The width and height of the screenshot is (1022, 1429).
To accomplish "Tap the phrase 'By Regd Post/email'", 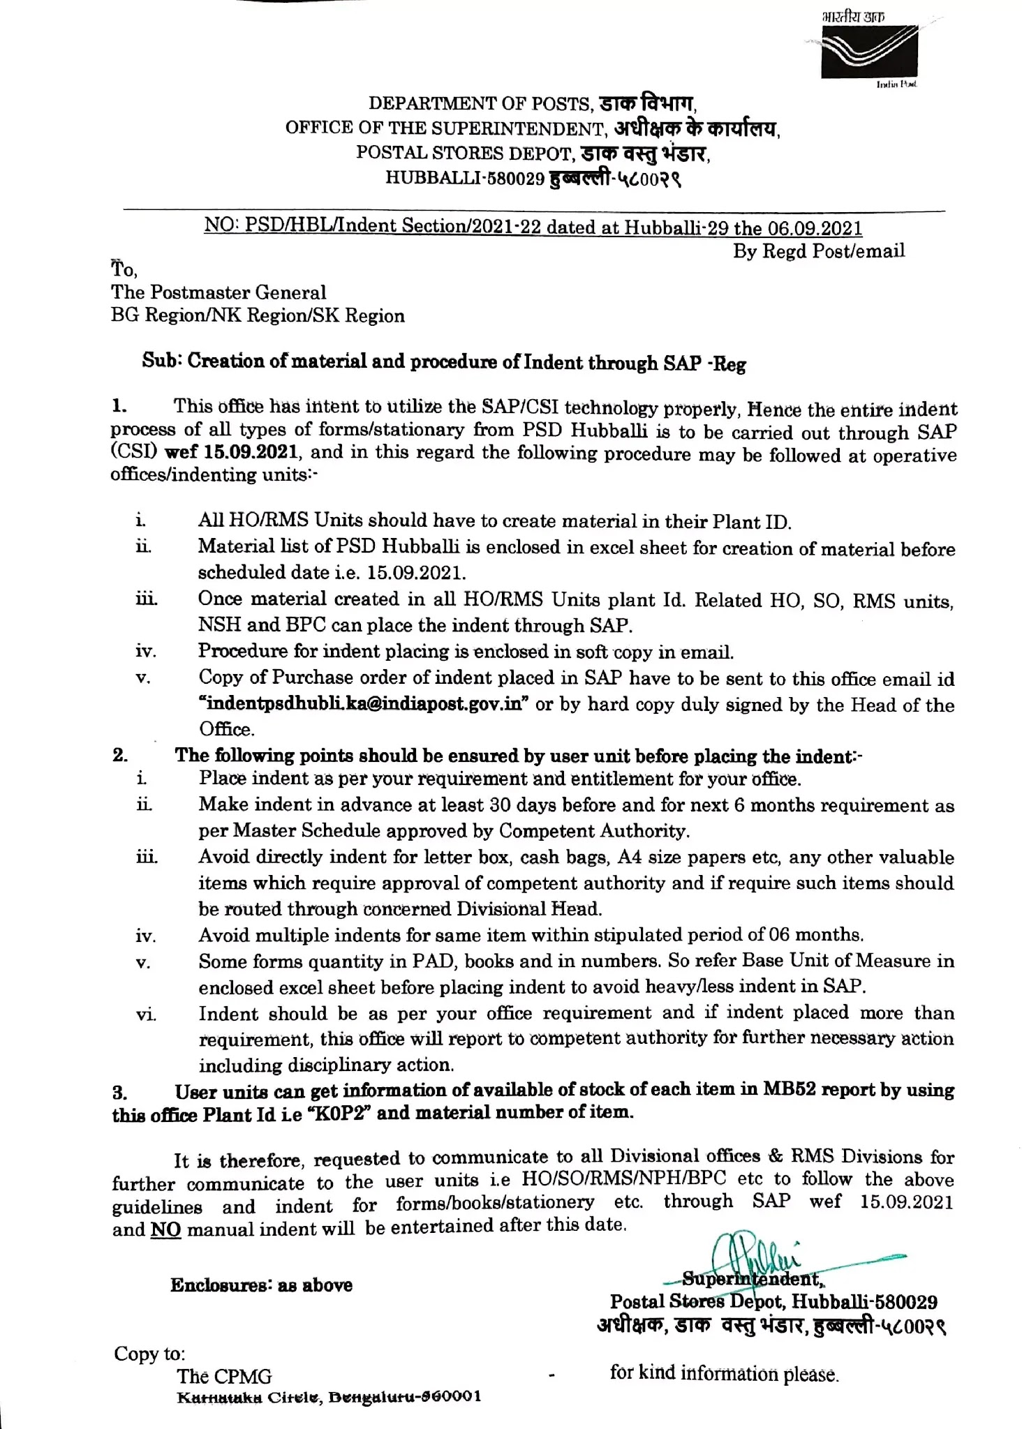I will click(x=818, y=251).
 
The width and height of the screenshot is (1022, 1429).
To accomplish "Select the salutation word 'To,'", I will click(x=124, y=269).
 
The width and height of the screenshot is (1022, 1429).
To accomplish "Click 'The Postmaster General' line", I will click(x=219, y=292).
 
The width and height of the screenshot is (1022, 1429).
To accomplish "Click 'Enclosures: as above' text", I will click(x=261, y=1285).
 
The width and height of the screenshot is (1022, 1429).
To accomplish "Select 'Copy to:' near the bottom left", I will click(x=149, y=1354).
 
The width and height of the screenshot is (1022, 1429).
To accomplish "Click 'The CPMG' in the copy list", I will click(x=224, y=1377).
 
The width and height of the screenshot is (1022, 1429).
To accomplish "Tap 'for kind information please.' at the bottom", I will click(x=723, y=1374).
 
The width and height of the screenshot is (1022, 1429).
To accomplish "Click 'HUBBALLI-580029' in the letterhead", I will click(x=464, y=179).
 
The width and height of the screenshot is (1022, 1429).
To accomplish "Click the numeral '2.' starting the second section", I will click(x=120, y=755).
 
